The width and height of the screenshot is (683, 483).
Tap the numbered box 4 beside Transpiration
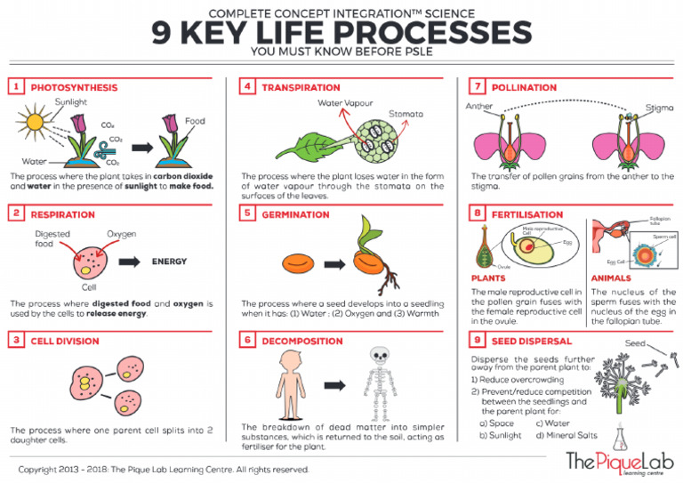pyautogui.click(x=247, y=87)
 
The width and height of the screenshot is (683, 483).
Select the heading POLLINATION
pyautogui.click(x=525, y=87)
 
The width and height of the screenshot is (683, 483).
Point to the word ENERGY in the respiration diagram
pyautogui.click(x=169, y=262)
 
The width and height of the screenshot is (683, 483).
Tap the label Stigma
pyautogui.click(x=659, y=108)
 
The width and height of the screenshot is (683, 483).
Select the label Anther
pyautogui.click(x=478, y=107)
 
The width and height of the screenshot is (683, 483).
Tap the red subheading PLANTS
pyautogui.click(x=487, y=278)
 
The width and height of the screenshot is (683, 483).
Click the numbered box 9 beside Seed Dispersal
pyautogui.click(x=478, y=340)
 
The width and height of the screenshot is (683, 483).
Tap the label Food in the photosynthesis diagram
pyautogui.click(x=195, y=121)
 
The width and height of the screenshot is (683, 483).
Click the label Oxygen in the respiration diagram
pyautogui.click(x=122, y=234)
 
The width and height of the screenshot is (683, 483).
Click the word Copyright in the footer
pyautogui.click(x=41, y=469)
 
